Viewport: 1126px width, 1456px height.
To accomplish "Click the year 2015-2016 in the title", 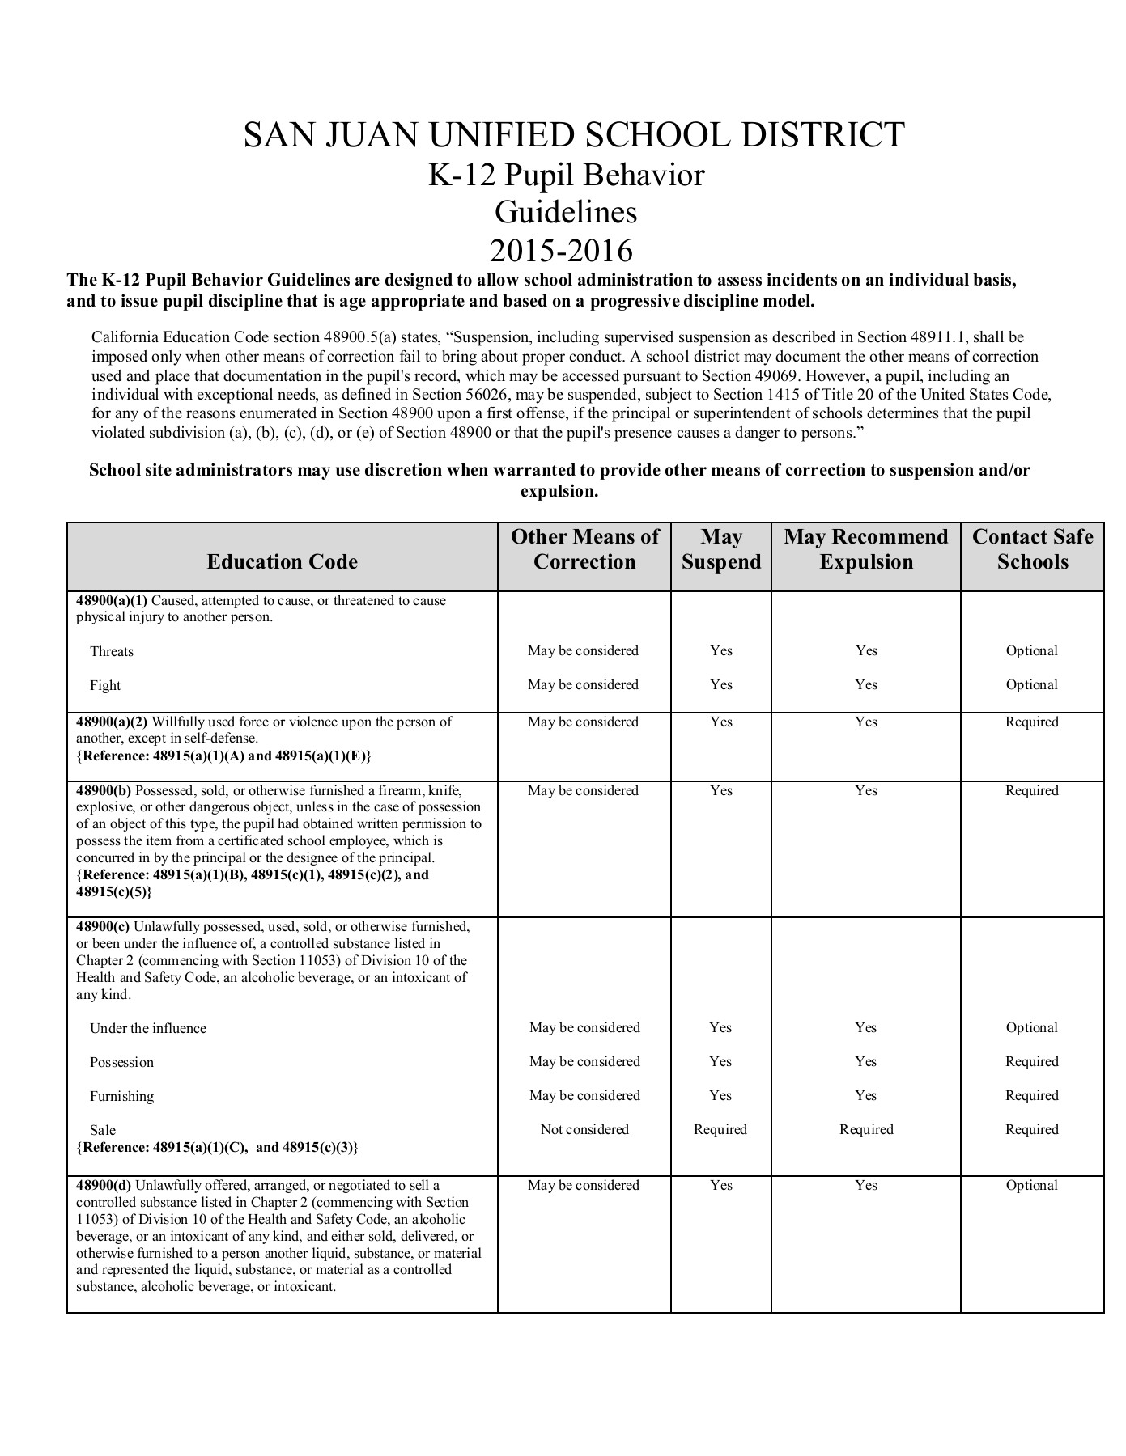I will (562, 251).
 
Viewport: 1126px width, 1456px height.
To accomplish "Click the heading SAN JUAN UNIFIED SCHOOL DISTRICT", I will (574, 134).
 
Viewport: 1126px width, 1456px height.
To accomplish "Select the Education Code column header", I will (282, 562).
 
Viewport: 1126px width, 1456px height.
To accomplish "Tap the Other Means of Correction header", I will (584, 549).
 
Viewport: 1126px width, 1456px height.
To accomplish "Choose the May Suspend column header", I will (721, 549).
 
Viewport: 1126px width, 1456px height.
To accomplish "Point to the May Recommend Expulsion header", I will (866, 549).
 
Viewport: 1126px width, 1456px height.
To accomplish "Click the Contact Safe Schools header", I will (1032, 549).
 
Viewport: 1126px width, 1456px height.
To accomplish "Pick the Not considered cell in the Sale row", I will (584, 1129).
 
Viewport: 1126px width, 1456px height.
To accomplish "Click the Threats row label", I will (112, 652).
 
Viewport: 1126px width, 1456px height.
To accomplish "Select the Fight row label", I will (105, 686).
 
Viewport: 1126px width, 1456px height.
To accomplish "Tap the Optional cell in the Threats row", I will (1032, 651).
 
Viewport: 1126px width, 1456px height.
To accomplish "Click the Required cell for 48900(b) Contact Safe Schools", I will (1032, 791).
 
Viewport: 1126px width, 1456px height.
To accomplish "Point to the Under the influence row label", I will (148, 1029).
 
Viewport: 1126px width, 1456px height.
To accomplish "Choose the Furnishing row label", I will (121, 1097).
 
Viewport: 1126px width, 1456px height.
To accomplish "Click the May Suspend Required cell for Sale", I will (720, 1129).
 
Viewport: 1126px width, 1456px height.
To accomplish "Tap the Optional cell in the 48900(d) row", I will (1032, 1186).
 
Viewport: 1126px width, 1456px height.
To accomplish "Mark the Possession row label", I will (121, 1063).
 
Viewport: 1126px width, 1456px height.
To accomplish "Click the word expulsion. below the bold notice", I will (559, 492).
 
